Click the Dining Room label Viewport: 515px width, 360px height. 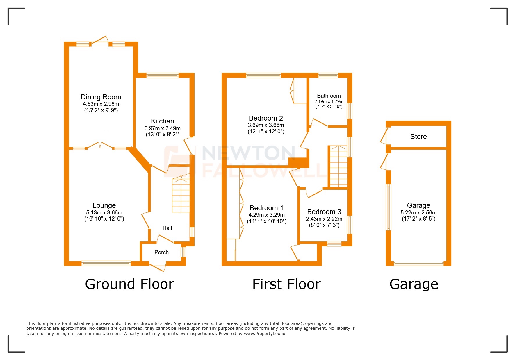101,97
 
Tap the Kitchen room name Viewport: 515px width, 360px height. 162,121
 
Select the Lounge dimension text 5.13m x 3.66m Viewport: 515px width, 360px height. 104,212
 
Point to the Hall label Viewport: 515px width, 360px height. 167,228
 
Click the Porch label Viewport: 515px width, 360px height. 161,252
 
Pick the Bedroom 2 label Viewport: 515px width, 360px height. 266,118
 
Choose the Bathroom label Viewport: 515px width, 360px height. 329,96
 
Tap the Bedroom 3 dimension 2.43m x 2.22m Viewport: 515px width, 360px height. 324,219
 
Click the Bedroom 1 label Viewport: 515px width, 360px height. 266,208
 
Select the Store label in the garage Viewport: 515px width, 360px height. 418,137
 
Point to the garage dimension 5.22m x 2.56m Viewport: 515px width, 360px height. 418,212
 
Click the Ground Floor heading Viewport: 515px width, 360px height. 129,284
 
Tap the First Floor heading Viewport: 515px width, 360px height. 286,284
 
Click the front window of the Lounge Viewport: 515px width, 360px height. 106,263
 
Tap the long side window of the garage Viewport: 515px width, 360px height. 389,207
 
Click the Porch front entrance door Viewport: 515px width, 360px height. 157,266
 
